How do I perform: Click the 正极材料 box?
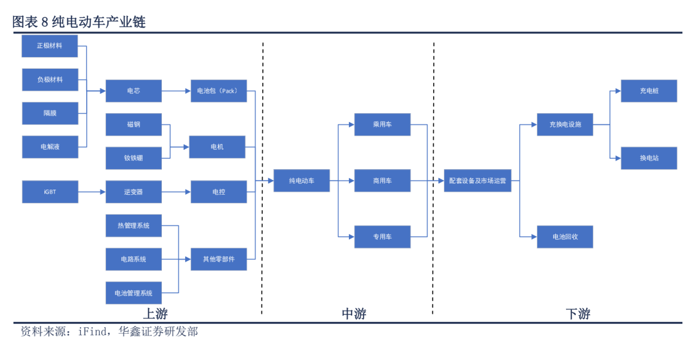(50, 46)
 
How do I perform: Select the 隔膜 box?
(50, 113)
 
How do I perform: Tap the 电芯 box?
(134, 91)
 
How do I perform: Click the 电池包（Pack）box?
(218, 91)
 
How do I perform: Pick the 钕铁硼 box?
(134, 157)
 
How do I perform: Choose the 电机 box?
(218, 147)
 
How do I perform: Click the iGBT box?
(50, 192)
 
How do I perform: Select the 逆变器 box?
(134, 192)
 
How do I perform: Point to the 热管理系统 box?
(134, 226)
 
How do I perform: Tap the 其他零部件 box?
(218, 259)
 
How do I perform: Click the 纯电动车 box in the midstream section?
(301, 181)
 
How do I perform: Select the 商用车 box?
(382, 181)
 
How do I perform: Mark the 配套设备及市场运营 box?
(477, 181)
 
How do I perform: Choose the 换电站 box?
(648, 158)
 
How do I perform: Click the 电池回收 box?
(565, 237)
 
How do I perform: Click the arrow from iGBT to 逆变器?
(92, 192)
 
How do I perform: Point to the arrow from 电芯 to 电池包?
(176, 91)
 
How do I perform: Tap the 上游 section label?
(156, 314)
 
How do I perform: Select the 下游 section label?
(578, 314)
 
